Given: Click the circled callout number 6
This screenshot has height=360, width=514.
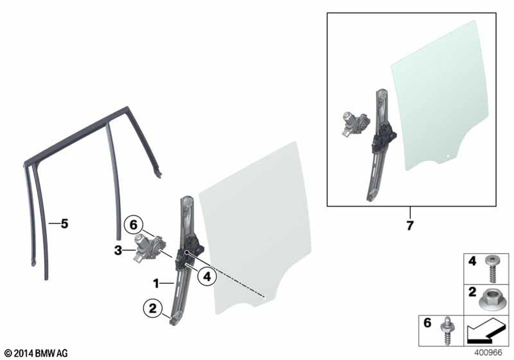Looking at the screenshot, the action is pyautogui.click(x=134, y=225).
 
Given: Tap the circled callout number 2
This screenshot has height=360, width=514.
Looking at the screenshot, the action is pyautogui.click(x=153, y=309).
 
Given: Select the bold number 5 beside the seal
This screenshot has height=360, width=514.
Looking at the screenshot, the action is pyautogui.click(x=65, y=224).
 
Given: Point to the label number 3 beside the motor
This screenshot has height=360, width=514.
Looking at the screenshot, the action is pyautogui.click(x=118, y=251).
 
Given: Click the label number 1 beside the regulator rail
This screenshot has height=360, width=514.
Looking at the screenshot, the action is pyautogui.click(x=156, y=283).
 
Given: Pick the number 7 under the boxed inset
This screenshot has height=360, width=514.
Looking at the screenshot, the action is pyautogui.click(x=410, y=226).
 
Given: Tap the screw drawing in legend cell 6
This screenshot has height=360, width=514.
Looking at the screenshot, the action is pyautogui.click(x=447, y=331).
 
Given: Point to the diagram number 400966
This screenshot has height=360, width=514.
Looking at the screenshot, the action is pyautogui.click(x=488, y=353).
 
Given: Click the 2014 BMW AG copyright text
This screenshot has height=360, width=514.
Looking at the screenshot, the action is pyautogui.click(x=36, y=353).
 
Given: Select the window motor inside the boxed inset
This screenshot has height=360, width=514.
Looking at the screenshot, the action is pyautogui.click(x=356, y=124).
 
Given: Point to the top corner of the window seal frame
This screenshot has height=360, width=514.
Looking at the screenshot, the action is pyautogui.click(x=126, y=107).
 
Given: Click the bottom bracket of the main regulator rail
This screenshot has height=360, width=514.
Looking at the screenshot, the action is pyautogui.click(x=176, y=319).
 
